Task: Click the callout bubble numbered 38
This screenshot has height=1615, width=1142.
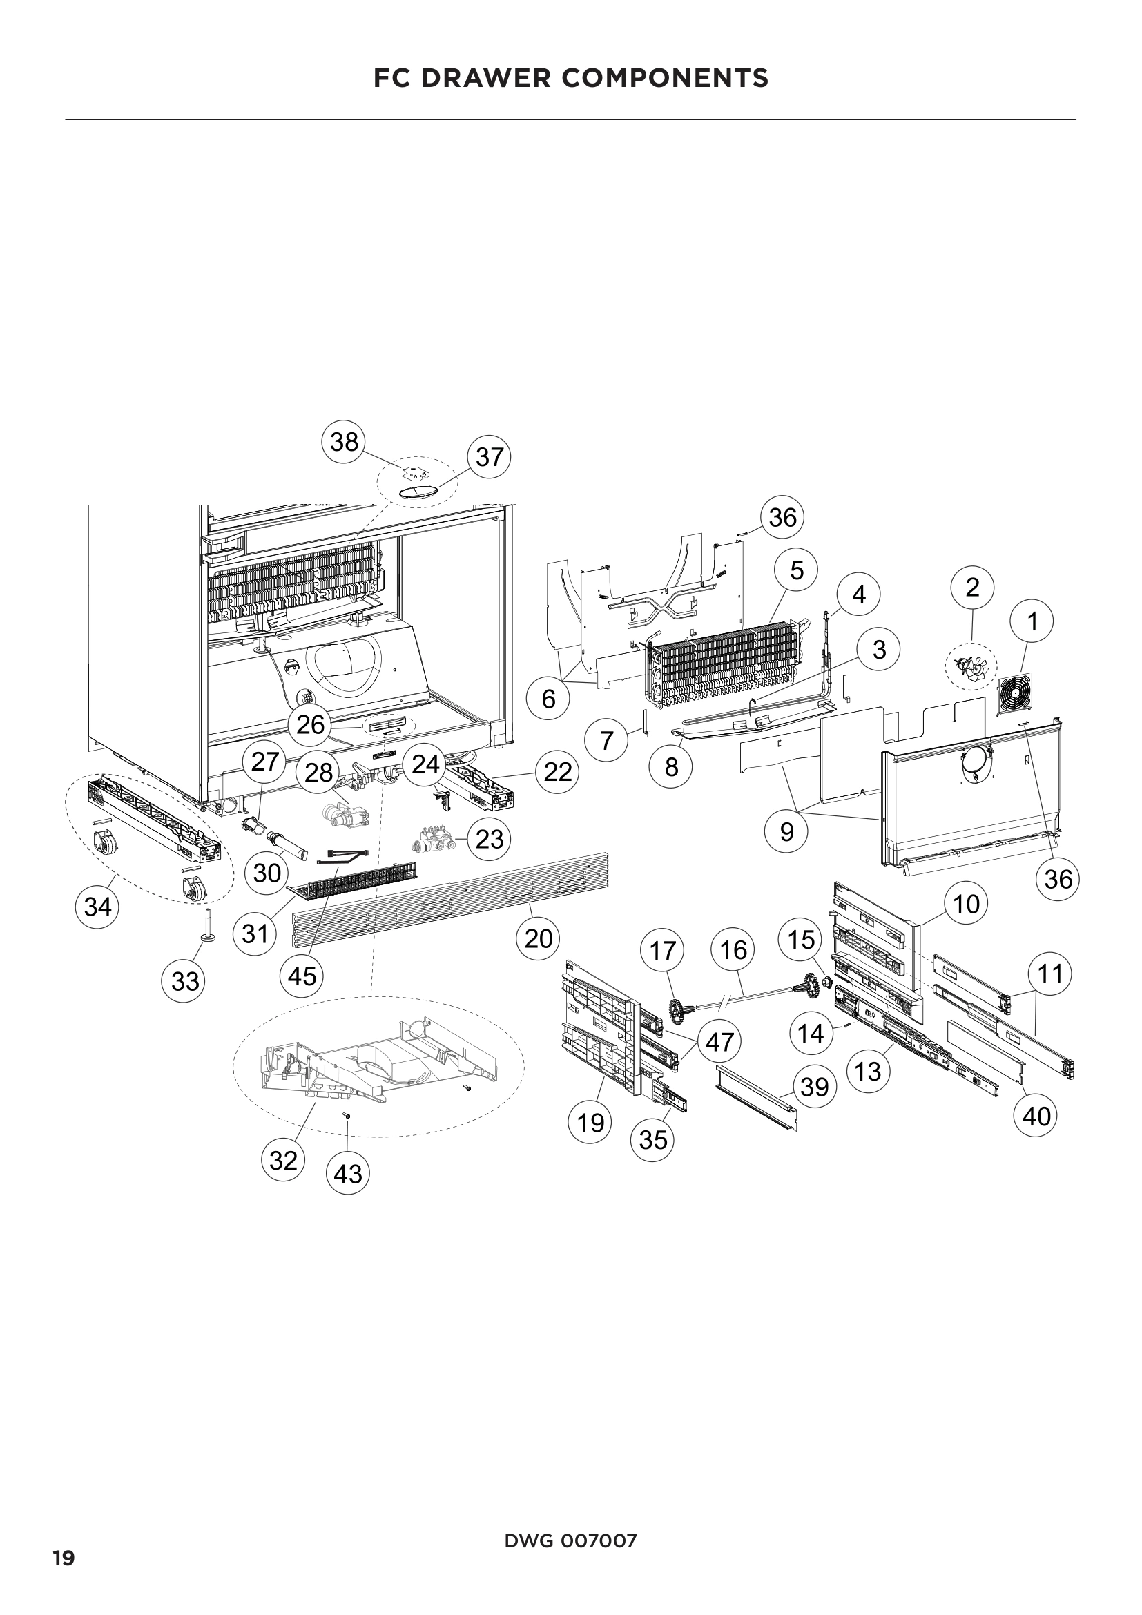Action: click(x=344, y=442)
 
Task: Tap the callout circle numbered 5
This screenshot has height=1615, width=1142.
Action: click(x=796, y=570)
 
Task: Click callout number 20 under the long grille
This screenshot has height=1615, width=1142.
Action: click(x=538, y=938)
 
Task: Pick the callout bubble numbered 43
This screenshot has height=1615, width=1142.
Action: click(x=348, y=1173)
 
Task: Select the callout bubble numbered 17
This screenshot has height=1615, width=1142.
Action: click(x=662, y=951)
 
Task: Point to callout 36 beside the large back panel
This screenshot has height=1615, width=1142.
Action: click(x=1058, y=878)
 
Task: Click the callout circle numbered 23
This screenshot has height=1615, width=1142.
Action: click(x=489, y=838)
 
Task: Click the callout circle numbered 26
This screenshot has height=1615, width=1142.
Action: click(x=311, y=724)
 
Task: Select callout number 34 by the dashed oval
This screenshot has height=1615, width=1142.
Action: click(x=98, y=907)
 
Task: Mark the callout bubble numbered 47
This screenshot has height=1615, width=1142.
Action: click(x=719, y=1042)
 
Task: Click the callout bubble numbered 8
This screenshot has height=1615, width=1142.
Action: click(x=671, y=766)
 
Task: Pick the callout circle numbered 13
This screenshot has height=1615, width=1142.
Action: click(x=869, y=1072)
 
